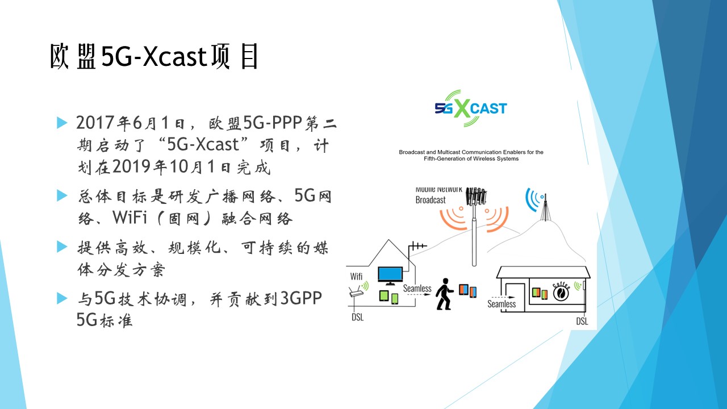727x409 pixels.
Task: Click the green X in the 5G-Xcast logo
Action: point(462,108)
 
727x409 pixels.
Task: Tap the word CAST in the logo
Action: point(488,108)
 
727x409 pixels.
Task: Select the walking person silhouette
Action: point(444,294)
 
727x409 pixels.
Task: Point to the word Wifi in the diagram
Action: point(356,276)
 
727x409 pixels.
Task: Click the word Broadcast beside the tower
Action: point(431,200)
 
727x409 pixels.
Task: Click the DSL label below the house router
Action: point(358,317)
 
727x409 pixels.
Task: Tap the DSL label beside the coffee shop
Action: point(582,321)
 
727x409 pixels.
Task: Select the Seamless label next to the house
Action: point(417,288)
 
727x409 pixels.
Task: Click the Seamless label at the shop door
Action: point(502,304)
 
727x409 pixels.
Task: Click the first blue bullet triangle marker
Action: point(62,123)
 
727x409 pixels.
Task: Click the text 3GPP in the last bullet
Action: point(301,298)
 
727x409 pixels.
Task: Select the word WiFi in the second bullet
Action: point(129,218)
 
